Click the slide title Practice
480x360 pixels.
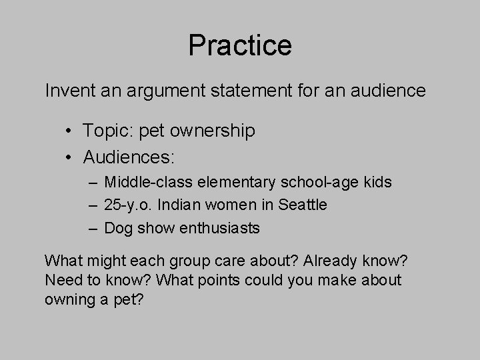pos(240,45)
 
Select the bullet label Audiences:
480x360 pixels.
pos(128,158)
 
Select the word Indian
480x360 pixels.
pos(177,205)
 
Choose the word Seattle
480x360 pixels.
pos(302,205)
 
